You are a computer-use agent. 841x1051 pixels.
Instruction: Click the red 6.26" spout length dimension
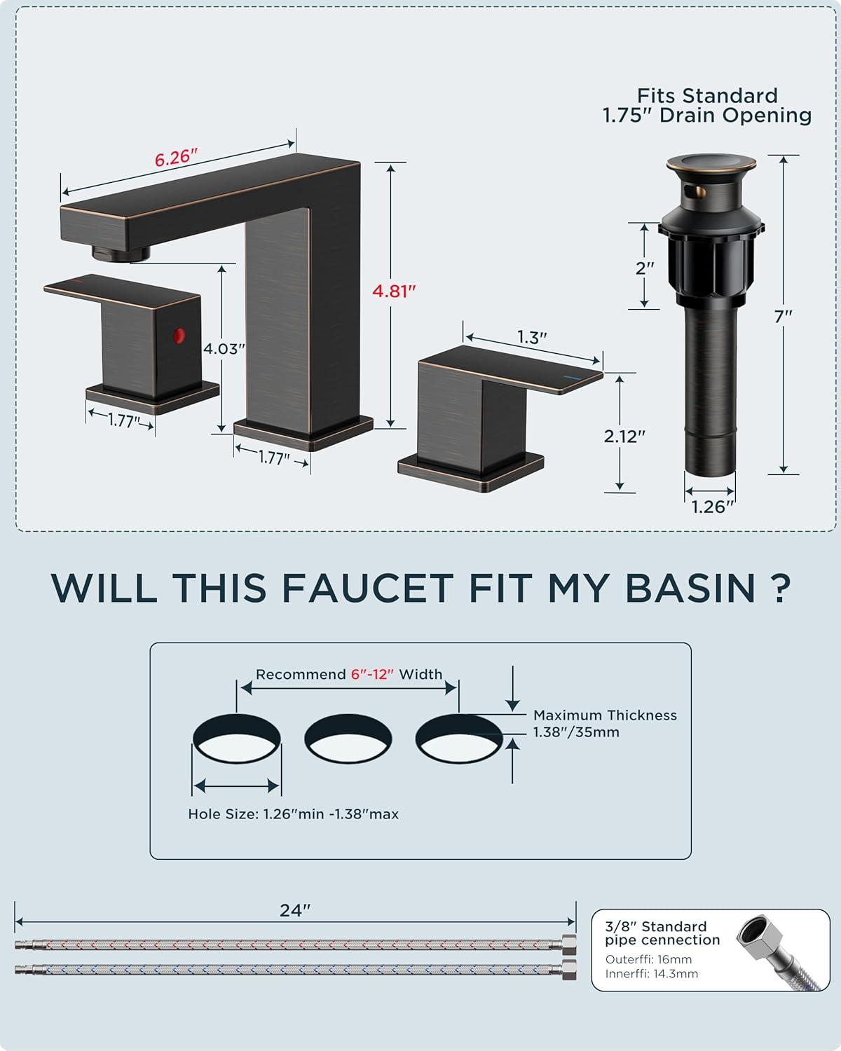point(176,158)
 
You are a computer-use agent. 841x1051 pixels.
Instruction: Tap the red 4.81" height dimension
point(394,291)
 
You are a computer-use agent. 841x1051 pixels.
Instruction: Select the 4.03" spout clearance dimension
point(224,349)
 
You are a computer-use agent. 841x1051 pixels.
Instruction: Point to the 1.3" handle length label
point(532,337)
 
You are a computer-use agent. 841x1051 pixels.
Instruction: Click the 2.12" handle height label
point(624,436)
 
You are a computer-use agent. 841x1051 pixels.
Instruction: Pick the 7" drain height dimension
point(783,317)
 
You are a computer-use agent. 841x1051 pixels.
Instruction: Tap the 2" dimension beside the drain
point(645,268)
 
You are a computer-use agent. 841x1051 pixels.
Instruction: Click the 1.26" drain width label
point(713,507)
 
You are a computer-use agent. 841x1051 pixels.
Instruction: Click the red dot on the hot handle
point(179,335)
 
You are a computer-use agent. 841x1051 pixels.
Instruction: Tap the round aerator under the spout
point(121,252)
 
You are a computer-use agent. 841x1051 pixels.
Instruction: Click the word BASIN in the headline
point(690,588)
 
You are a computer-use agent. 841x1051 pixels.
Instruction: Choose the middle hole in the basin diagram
point(348,738)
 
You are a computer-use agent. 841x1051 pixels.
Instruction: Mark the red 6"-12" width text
point(372,675)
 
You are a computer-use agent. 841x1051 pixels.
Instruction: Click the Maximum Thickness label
point(605,715)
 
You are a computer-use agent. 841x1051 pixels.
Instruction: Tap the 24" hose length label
point(295,910)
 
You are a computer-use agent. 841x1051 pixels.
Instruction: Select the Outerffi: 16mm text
point(648,959)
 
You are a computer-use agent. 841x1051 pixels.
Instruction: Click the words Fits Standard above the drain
point(707,96)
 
